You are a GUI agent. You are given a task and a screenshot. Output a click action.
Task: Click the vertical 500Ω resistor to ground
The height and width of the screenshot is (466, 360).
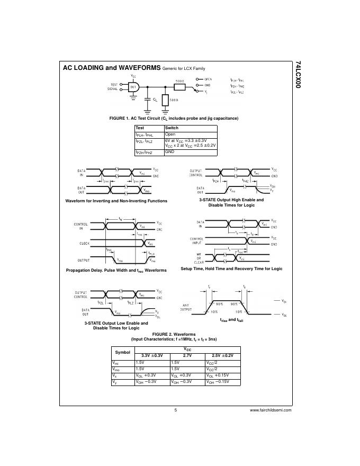click(x=165, y=100)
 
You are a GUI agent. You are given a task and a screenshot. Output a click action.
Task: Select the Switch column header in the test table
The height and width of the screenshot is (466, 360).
click(x=172, y=128)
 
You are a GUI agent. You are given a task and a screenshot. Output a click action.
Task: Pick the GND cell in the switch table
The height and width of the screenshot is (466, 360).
click(x=170, y=152)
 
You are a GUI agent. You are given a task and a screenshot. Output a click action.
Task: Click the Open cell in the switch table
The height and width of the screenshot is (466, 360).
click(x=170, y=135)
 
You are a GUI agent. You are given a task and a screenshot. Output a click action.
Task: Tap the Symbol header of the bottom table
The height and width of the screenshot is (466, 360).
click(x=122, y=352)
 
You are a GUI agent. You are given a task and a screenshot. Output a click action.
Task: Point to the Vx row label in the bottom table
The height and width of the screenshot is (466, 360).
click(x=116, y=374)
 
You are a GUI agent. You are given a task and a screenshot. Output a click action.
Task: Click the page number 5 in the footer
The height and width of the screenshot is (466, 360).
click(x=175, y=410)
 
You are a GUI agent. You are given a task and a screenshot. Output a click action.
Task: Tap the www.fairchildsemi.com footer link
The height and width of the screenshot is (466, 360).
click(x=271, y=410)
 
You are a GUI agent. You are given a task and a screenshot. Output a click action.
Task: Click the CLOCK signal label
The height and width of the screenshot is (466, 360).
click(x=84, y=243)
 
